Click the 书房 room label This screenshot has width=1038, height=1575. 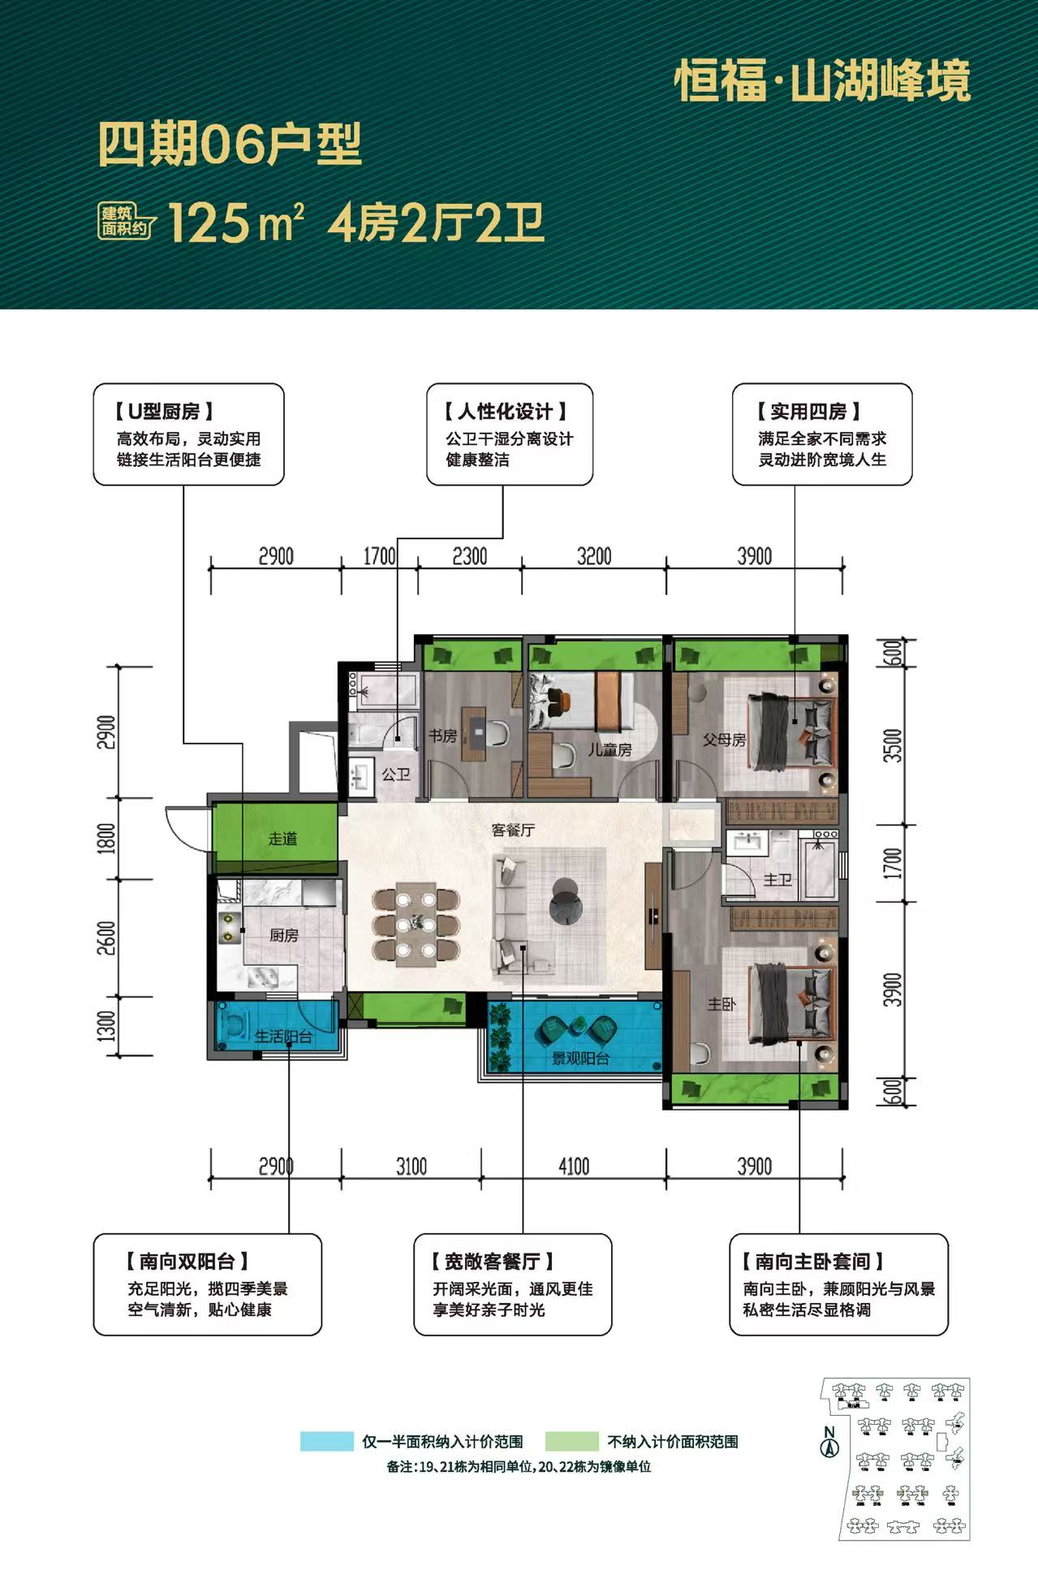click(443, 736)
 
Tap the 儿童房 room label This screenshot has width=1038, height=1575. click(610, 749)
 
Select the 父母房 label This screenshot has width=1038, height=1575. click(724, 740)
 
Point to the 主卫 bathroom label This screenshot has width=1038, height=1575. click(777, 879)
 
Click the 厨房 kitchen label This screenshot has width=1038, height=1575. click(284, 935)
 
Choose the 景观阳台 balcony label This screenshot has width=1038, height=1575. click(580, 1058)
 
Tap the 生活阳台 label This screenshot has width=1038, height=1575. click(283, 1037)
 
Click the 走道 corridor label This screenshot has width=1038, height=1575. click(283, 839)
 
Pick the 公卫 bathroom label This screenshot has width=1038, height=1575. click(396, 775)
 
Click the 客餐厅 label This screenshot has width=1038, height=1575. click(513, 830)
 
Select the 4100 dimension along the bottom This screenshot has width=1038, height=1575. click(574, 1167)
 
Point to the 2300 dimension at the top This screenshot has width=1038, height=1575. click(470, 556)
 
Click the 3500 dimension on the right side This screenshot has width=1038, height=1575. click(893, 745)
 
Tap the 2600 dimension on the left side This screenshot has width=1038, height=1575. click(106, 938)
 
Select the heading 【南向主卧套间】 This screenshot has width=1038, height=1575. click(812, 1261)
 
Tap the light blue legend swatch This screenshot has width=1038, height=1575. click(326, 1441)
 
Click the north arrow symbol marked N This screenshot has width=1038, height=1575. click(829, 1443)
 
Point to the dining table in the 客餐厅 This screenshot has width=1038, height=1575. click(416, 925)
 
